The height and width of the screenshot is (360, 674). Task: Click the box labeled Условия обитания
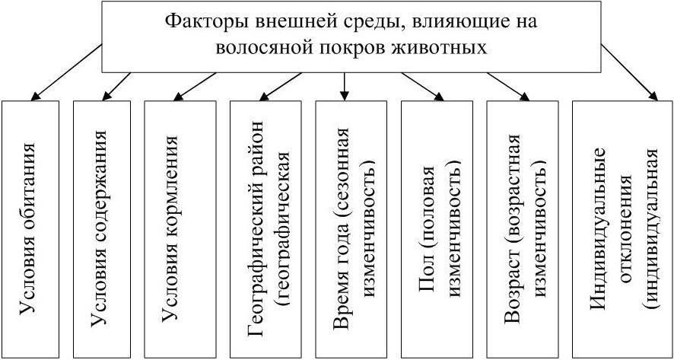pyautogui.click(x=31, y=228)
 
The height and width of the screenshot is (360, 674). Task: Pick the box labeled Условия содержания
pyautogui.click(x=103, y=228)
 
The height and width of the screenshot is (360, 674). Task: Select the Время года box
pyautogui.click(x=352, y=228)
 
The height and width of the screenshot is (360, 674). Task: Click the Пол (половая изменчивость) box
pyautogui.click(x=438, y=228)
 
